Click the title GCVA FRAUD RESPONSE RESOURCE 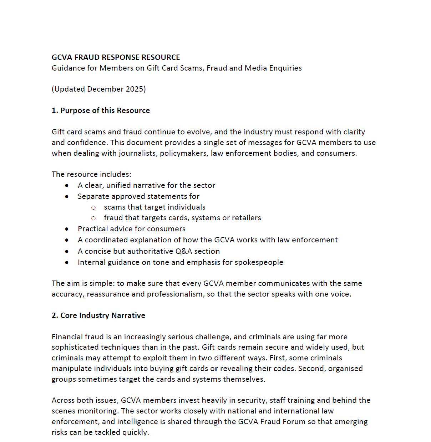point(116,57)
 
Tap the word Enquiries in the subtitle point(285,68)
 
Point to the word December point(103,89)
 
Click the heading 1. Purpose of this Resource point(101,110)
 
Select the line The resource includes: point(91,174)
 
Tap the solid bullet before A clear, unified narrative point(67,186)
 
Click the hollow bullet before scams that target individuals point(93,207)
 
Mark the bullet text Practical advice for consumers point(132,229)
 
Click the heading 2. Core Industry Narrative point(98,315)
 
